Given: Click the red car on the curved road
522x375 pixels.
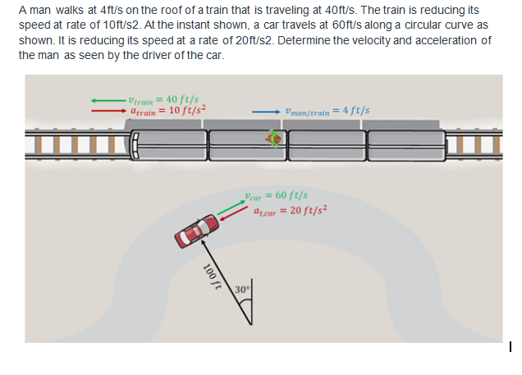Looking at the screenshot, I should (x=196, y=229).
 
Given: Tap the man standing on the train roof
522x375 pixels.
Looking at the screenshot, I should (x=276, y=139).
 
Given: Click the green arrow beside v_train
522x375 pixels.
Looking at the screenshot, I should (x=108, y=99).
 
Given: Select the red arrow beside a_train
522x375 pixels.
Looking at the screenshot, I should (x=108, y=109).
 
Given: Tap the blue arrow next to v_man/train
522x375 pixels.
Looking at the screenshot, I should (x=265, y=111).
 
